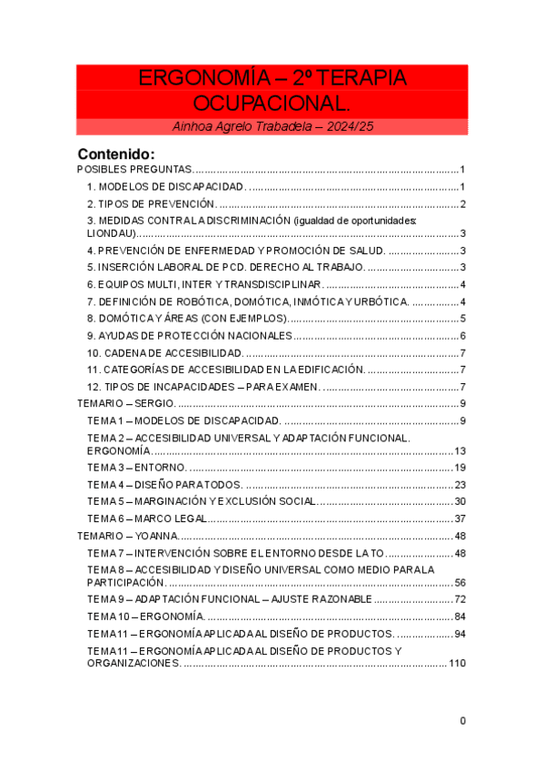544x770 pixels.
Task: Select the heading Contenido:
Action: pos(116,153)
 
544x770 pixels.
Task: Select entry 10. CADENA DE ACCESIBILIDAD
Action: pos(164,352)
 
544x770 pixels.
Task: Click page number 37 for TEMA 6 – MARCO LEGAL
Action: pos(460,518)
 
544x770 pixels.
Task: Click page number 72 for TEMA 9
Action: pos(460,599)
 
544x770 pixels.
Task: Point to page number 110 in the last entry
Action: pos(457,664)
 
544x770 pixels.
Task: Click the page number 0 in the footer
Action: pos(462,721)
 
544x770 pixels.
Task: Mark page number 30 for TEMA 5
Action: pos(460,501)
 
